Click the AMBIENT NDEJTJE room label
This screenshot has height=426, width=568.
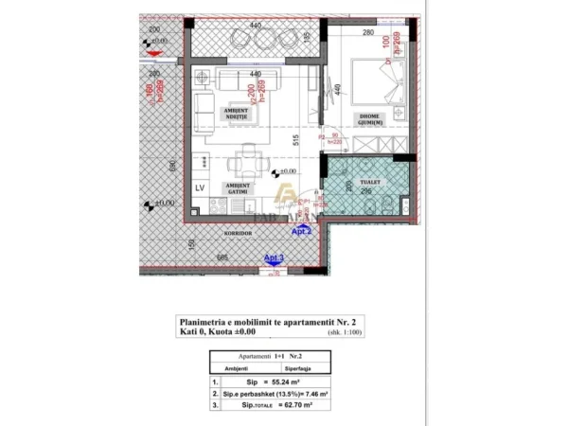pos(238,114)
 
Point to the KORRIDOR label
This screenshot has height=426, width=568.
pos(237,231)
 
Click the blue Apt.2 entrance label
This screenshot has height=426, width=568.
pos(301,230)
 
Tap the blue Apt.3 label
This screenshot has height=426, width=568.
pos(274,257)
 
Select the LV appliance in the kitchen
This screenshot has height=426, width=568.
pos(200,187)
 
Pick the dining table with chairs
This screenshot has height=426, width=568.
pos(248,155)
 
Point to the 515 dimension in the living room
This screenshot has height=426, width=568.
pos(296,138)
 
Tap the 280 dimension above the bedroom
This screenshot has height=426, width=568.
pos(367,33)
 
